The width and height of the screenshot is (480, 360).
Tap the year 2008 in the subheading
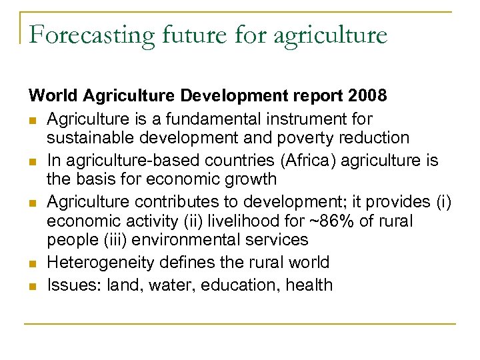pyautogui.click(x=367, y=97)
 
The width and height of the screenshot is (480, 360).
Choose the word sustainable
pyautogui.click(x=89, y=138)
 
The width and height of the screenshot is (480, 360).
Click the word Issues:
pyautogui.click(x=70, y=285)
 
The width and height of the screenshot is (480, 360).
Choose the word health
pyautogui.click(x=309, y=285)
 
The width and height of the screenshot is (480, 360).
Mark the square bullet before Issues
pyautogui.click(x=33, y=286)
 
